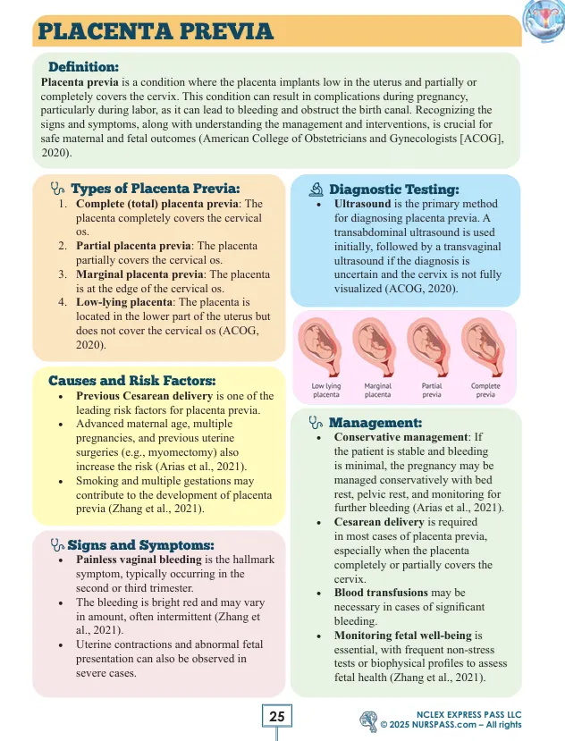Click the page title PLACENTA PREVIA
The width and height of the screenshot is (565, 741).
tap(154, 31)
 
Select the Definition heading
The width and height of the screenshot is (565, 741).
tap(83, 66)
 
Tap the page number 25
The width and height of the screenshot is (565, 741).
tap(277, 716)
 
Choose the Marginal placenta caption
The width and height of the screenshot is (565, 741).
tap(378, 388)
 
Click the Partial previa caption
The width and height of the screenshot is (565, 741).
tap(432, 388)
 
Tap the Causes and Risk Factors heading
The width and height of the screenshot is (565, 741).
tap(132, 380)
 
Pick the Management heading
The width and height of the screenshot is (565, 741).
tap(375, 422)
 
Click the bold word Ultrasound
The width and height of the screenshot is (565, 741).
tap(362, 204)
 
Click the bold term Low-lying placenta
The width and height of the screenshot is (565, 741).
tap(126, 303)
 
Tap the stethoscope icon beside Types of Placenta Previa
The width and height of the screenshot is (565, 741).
tap(58, 189)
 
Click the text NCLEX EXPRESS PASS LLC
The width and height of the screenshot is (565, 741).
tap(468, 713)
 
